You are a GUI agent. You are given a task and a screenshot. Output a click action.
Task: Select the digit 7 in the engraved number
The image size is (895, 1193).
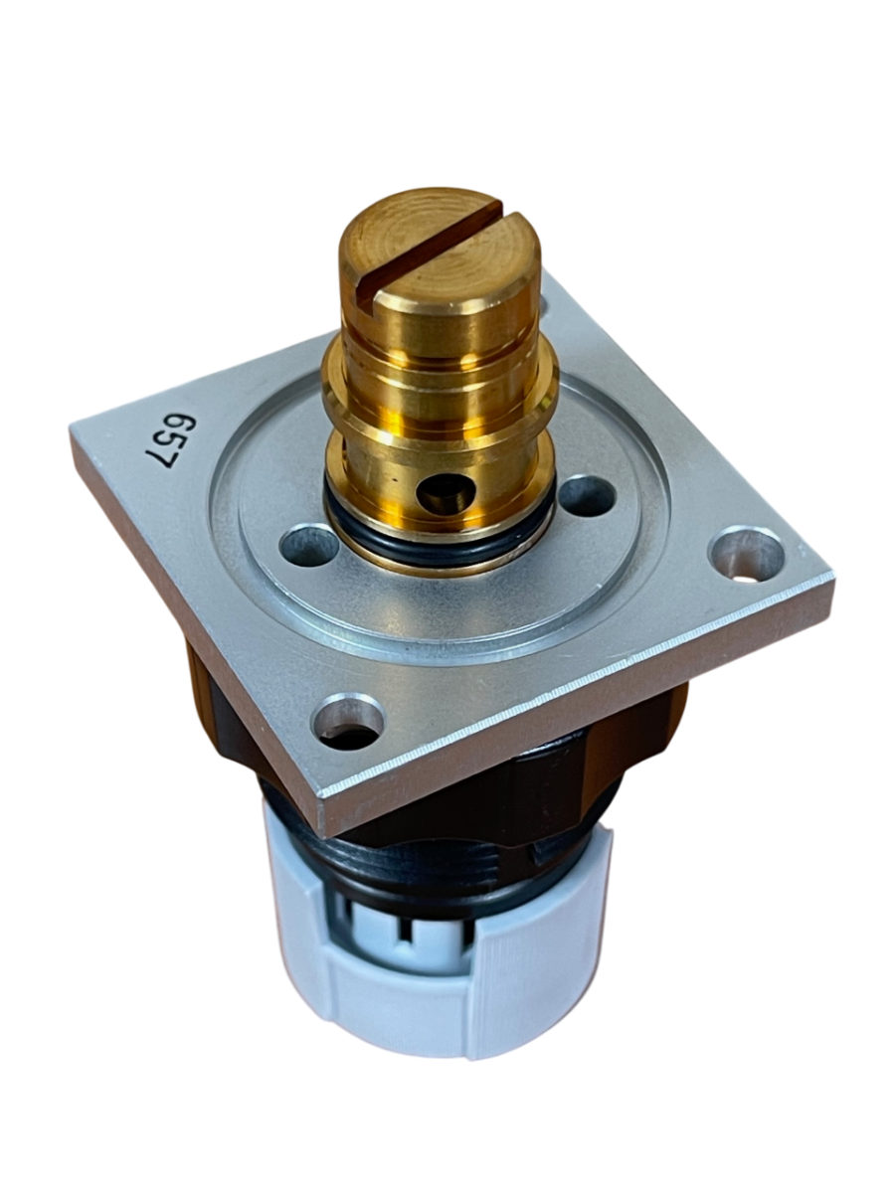click(157, 459)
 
